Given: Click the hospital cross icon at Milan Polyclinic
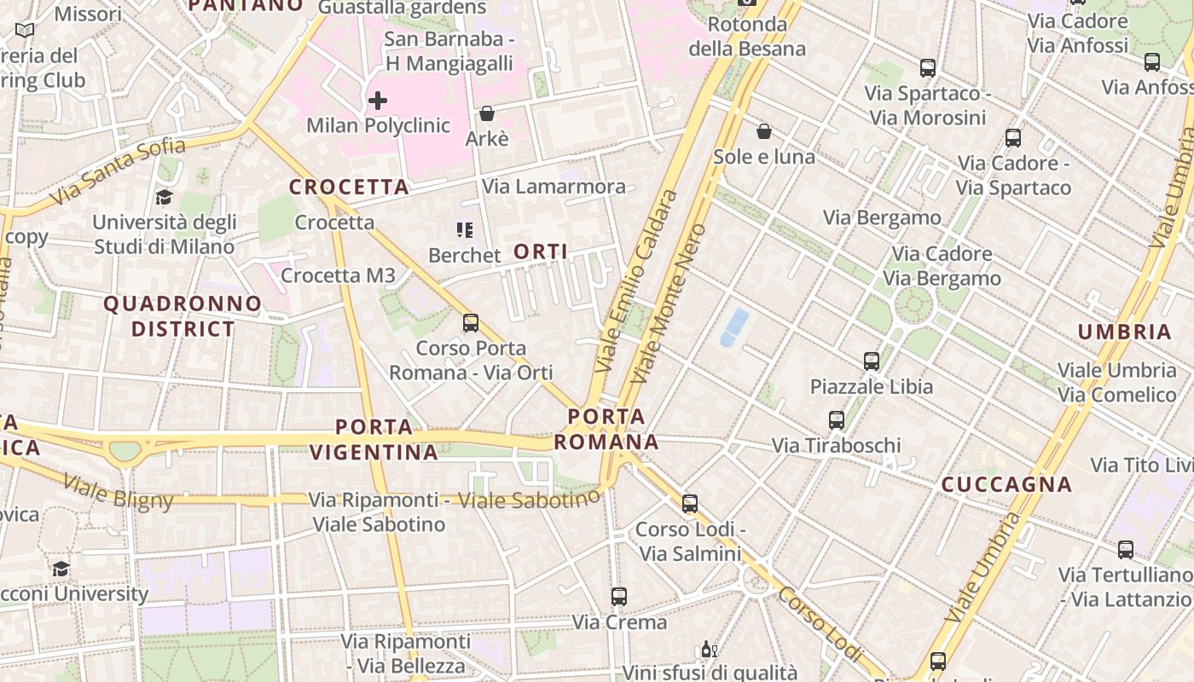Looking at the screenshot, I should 377,101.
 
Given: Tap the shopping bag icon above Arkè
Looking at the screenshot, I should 487,113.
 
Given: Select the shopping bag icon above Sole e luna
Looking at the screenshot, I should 764,131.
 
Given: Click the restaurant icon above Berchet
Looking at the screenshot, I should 464,229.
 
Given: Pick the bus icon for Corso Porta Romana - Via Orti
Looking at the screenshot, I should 471,323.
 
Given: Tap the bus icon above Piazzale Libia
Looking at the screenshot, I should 872,361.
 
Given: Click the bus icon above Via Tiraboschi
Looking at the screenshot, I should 837,420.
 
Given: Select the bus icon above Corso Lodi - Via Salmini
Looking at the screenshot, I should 690,504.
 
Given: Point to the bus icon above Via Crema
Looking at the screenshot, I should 619,597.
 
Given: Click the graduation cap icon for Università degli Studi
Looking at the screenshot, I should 164,198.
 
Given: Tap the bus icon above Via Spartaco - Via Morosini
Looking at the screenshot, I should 928,68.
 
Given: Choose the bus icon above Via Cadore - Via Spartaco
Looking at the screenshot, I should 1013,138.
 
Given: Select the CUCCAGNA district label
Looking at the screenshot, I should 1006,484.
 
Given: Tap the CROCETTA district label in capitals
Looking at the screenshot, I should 349,187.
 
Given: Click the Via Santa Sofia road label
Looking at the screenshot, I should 117,171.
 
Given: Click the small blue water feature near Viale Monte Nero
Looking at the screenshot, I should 734,327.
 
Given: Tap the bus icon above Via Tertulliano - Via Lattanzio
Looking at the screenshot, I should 1126,550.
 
